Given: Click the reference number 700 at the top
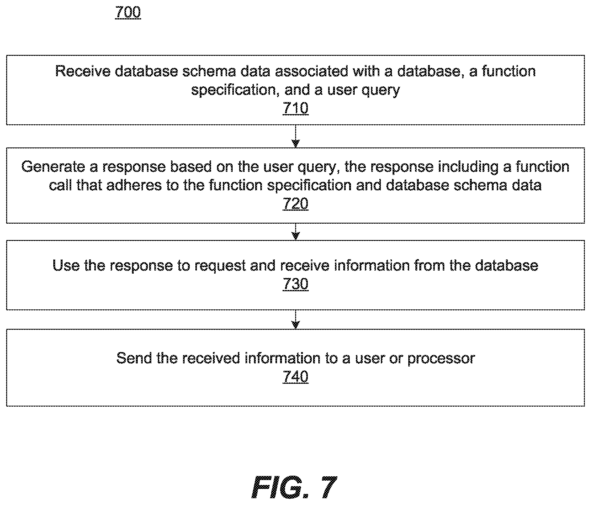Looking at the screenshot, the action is tap(128, 12).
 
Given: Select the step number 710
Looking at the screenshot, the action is tap(295, 108).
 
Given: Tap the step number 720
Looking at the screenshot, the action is tap(295, 204).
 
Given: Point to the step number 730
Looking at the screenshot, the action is tap(295, 284).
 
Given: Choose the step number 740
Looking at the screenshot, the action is tap(295, 377).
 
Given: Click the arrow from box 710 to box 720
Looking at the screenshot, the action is tap(295, 136).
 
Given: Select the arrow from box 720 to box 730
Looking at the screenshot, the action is tap(295, 232).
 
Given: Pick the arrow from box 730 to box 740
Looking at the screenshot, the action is tap(295, 320).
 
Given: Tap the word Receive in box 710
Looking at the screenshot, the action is tap(83, 71).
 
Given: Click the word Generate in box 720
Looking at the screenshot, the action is tap(53, 167).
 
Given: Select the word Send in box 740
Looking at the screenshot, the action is tap(134, 358).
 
